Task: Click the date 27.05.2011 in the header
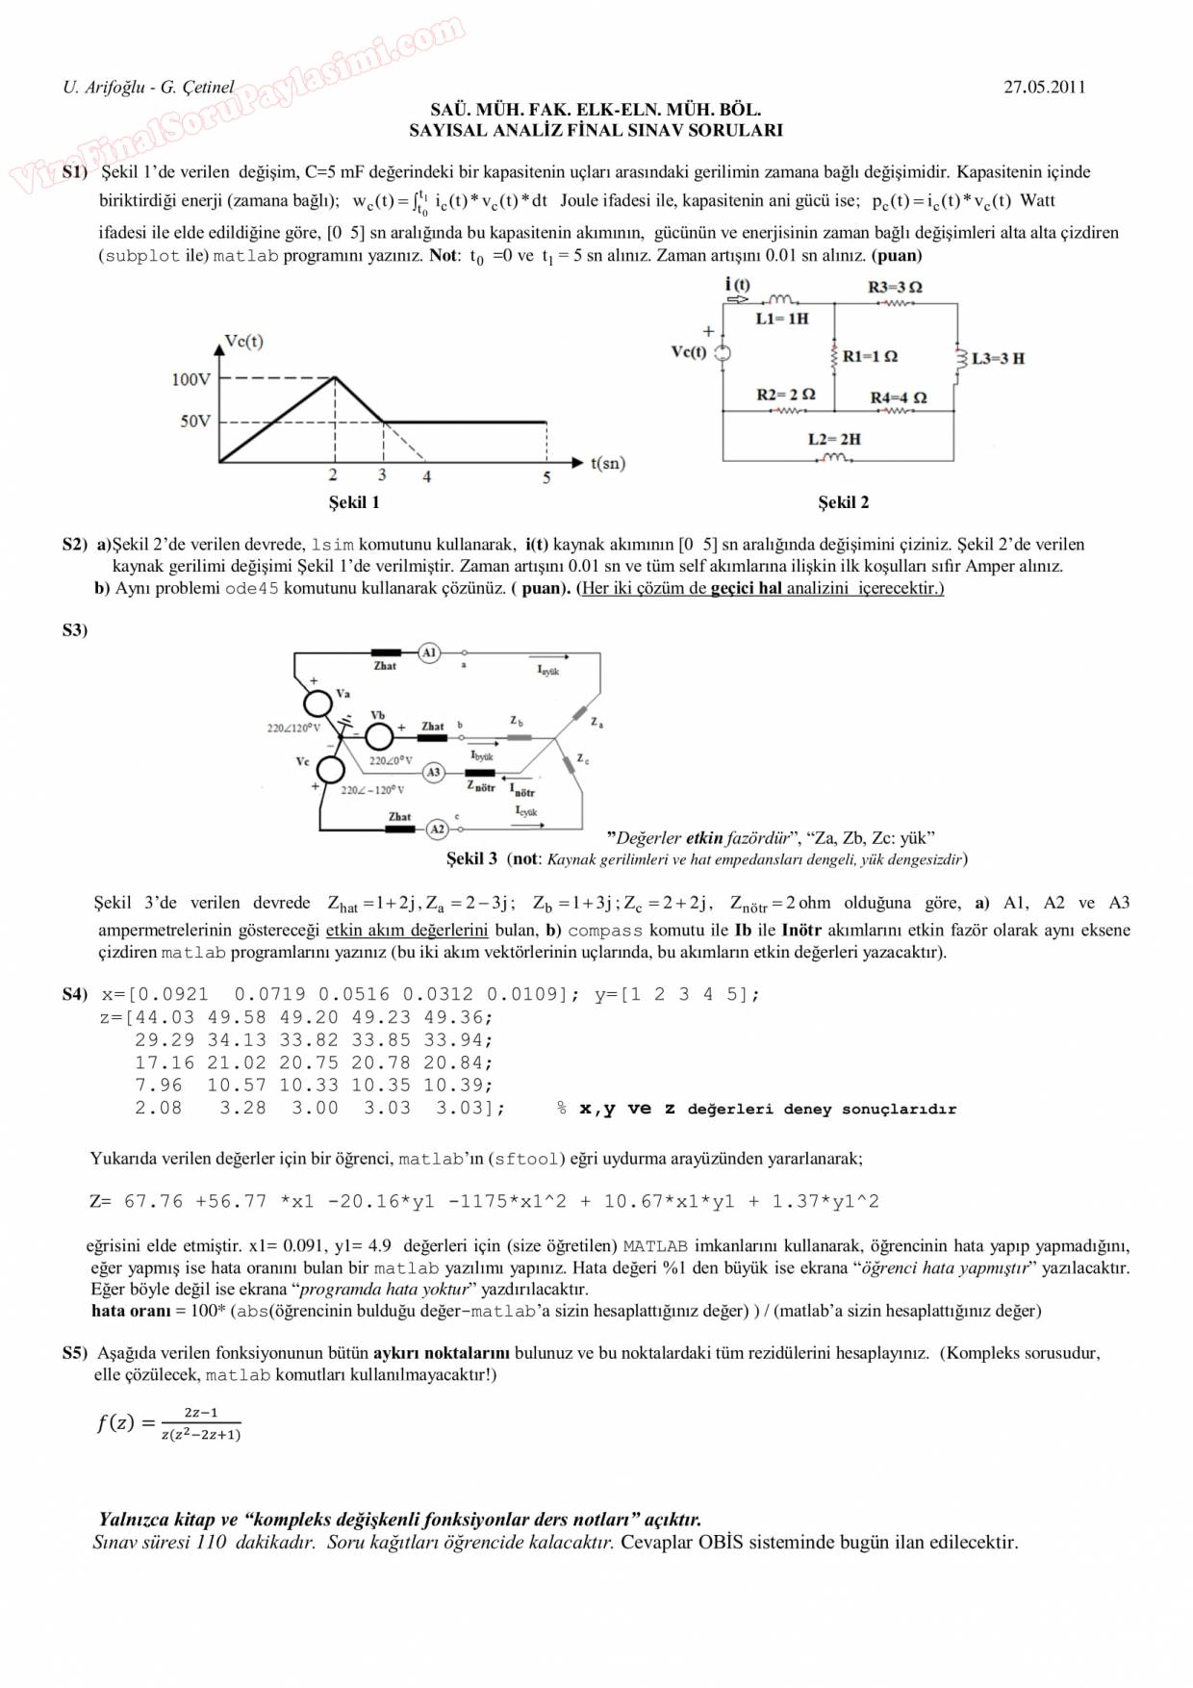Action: click(x=1044, y=87)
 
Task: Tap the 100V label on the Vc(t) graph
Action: click(x=190, y=379)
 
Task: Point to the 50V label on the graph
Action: click(x=194, y=421)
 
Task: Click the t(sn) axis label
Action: click(x=607, y=463)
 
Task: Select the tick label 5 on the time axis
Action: click(x=546, y=477)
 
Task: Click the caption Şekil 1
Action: click(x=354, y=502)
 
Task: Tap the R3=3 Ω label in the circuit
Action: click(x=895, y=287)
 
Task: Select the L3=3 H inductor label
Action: click(x=998, y=358)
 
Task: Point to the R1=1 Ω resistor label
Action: click(x=870, y=356)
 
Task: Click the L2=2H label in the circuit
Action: click(x=834, y=439)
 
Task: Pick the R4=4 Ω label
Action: click(x=899, y=396)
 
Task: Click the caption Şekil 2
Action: click(x=843, y=502)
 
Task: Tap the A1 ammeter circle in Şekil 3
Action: click(x=429, y=652)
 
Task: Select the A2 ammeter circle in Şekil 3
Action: click(x=437, y=829)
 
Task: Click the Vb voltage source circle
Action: click(x=379, y=736)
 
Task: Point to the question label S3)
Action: click(x=75, y=630)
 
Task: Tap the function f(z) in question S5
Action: click(x=169, y=1422)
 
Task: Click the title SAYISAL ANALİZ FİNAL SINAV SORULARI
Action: click(x=596, y=130)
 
